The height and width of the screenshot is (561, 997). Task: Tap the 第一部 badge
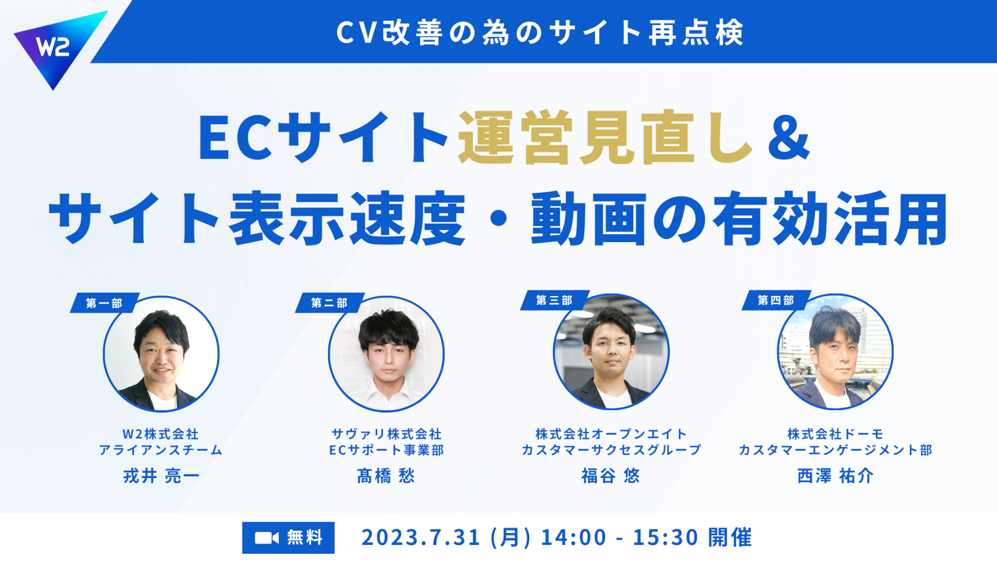(105, 303)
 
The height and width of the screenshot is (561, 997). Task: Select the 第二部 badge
(330, 303)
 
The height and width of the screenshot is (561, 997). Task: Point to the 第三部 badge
(554, 300)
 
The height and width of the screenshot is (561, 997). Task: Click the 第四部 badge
(776, 300)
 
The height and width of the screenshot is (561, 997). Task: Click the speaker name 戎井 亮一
(161, 476)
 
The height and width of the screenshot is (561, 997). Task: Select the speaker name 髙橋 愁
(386, 476)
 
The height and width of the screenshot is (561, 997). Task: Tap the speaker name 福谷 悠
(611, 476)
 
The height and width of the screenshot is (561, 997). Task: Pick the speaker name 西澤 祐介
(835, 476)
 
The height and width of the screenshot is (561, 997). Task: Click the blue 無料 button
(288, 538)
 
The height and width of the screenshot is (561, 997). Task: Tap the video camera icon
(267, 538)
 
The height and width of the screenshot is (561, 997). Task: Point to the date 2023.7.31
(421, 538)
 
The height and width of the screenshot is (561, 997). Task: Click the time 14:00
(573, 538)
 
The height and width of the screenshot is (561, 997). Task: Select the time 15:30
(665, 538)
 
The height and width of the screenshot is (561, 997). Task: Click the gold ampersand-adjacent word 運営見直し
(606, 138)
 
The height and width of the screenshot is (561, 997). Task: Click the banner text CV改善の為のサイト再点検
(540, 33)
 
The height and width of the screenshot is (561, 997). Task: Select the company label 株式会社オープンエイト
(611, 434)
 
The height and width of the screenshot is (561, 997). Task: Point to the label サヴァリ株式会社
(387, 434)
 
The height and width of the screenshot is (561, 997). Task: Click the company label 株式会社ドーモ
(835, 434)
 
